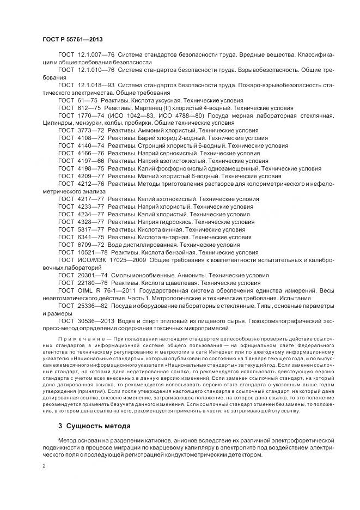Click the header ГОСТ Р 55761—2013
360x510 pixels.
point(72,40)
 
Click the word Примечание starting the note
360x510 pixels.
point(75,338)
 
